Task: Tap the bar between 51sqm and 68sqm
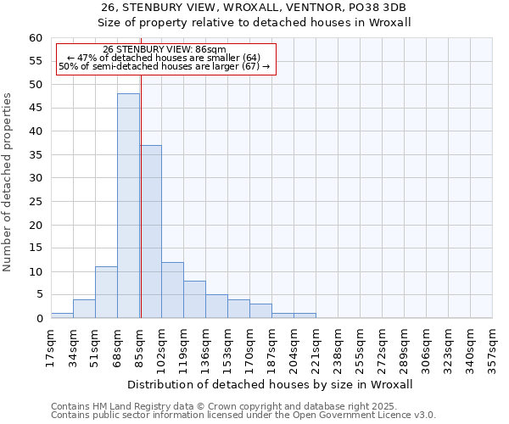(106, 293)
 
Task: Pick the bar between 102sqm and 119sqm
(172, 290)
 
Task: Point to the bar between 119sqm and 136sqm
(194, 299)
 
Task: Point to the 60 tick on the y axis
(36, 38)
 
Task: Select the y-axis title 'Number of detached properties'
(8, 182)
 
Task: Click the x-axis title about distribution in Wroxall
(271, 384)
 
